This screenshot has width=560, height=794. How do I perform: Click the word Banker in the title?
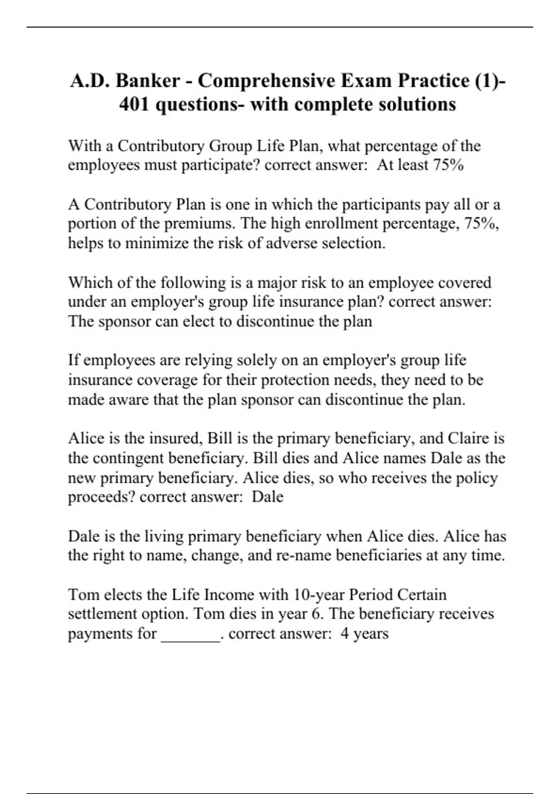click(x=147, y=81)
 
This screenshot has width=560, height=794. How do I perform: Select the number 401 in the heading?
click(x=134, y=104)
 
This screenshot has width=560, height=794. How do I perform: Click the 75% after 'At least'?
click(x=448, y=165)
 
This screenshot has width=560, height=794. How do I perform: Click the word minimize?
click(x=157, y=243)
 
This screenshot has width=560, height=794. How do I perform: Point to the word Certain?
click(x=421, y=595)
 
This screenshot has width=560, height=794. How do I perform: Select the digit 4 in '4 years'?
click(x=344, y=634)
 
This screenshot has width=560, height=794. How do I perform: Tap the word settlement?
click(x=102, y=614)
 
